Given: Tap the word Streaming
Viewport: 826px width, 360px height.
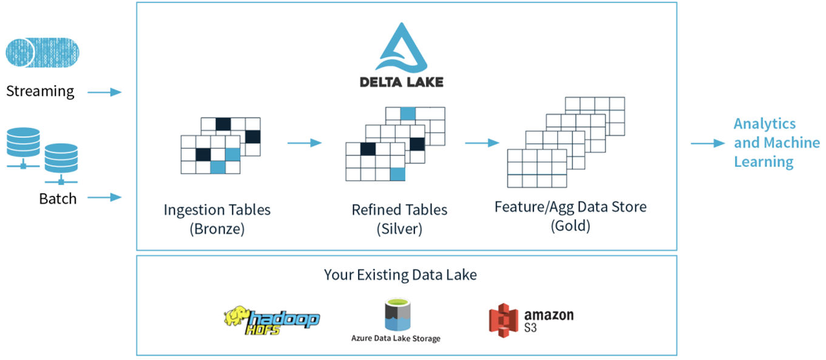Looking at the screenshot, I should (x=40, y=92).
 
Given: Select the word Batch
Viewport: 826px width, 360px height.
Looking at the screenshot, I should (x=58, y=199).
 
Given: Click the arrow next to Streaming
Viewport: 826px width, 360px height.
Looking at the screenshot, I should (x=104, y=92).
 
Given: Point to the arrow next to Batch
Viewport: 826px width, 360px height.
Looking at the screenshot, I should (x=104, y=197).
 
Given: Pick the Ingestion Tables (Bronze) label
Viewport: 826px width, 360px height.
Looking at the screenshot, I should (x=217, y=219).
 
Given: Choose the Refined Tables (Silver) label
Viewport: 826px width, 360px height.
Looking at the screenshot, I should (x=399, y=219).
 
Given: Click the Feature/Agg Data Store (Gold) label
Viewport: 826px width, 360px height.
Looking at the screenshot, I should (x=570, y=216).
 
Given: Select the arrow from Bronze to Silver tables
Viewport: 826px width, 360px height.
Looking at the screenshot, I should (x=304, y=143).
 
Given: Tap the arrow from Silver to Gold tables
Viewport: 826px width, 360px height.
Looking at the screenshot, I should (x=482, y=143).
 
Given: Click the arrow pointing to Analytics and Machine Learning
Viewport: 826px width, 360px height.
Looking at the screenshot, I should (x=707, y=143).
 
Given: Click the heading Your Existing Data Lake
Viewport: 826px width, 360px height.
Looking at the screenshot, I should (x=400, y=275).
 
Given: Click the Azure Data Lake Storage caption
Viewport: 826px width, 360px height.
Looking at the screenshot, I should (x=396, y=338).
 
